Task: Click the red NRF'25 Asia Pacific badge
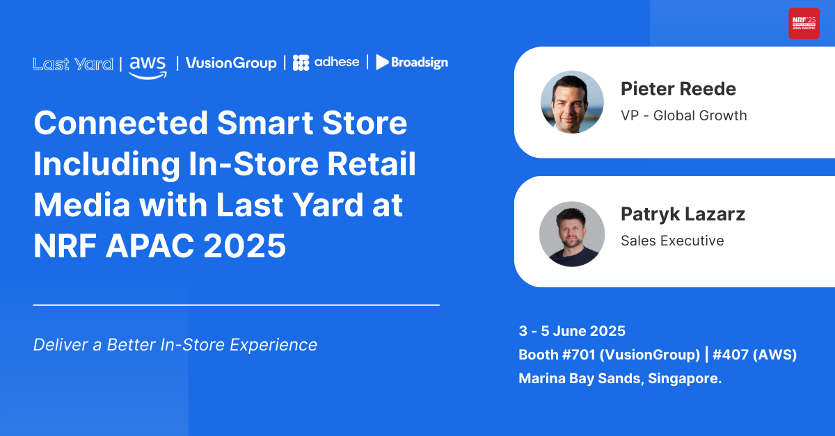(804, 24)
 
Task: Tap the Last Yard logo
(73, 64)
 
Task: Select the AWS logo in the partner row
(148, 67)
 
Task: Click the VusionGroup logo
(231, 63)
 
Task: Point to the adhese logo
(326, 63)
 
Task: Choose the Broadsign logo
(412, 62)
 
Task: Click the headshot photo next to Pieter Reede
(572, 102)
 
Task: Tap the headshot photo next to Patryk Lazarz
(572, 234)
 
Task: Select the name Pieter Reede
(678, 89)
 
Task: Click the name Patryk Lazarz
(683, 215)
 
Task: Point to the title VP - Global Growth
(684, 115)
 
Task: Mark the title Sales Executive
(672, 241)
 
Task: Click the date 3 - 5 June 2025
(572, 331)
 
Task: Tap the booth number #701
(579, 355)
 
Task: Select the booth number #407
(731, 355)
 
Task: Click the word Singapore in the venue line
(685, 378)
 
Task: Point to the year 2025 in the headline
(244, 245)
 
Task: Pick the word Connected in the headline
(121, 123)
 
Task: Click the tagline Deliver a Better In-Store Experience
(175, 345)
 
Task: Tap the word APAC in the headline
(150, 245)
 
